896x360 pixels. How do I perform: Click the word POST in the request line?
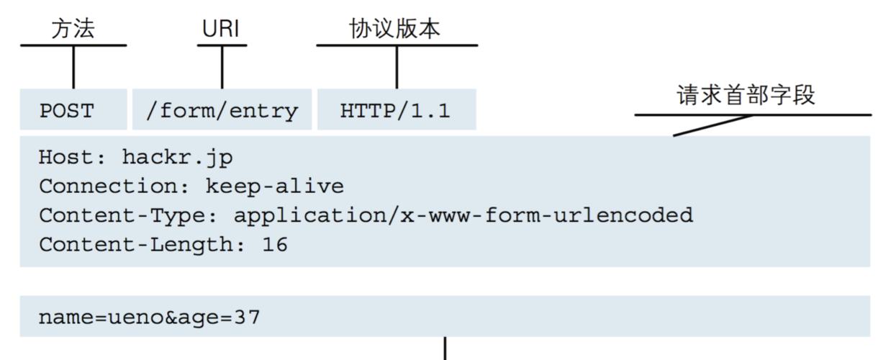[x=67, y=111]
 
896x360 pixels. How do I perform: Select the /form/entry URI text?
[x=222, y=111]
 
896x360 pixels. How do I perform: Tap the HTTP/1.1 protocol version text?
[x=395, y=111]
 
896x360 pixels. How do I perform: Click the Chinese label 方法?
[x=73, y=29]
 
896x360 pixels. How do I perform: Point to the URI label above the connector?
[x=221, y=29]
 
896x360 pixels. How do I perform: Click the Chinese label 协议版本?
[x=395, y=29]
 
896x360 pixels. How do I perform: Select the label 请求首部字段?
[x=746, y=95]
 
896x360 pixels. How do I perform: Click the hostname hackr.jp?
[x=177, y=157]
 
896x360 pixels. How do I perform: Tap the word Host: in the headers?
[x=72, y=157]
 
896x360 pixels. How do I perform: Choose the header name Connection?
[x=114, y=186]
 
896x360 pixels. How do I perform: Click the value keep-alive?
[x=275, y=186]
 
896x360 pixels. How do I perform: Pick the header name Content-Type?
[x=128, y=216]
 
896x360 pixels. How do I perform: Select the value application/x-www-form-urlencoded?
[x=463, y=216]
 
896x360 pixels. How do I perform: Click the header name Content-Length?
[x=142, y=245]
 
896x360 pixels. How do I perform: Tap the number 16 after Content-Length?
[x=275, y=245]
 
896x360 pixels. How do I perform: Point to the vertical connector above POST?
[x=73, y=67]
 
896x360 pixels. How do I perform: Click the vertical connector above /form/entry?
[x=222, y=67]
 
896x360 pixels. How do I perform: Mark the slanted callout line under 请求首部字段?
[x=712, y=125]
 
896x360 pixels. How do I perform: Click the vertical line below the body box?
[x=445, y=348]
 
